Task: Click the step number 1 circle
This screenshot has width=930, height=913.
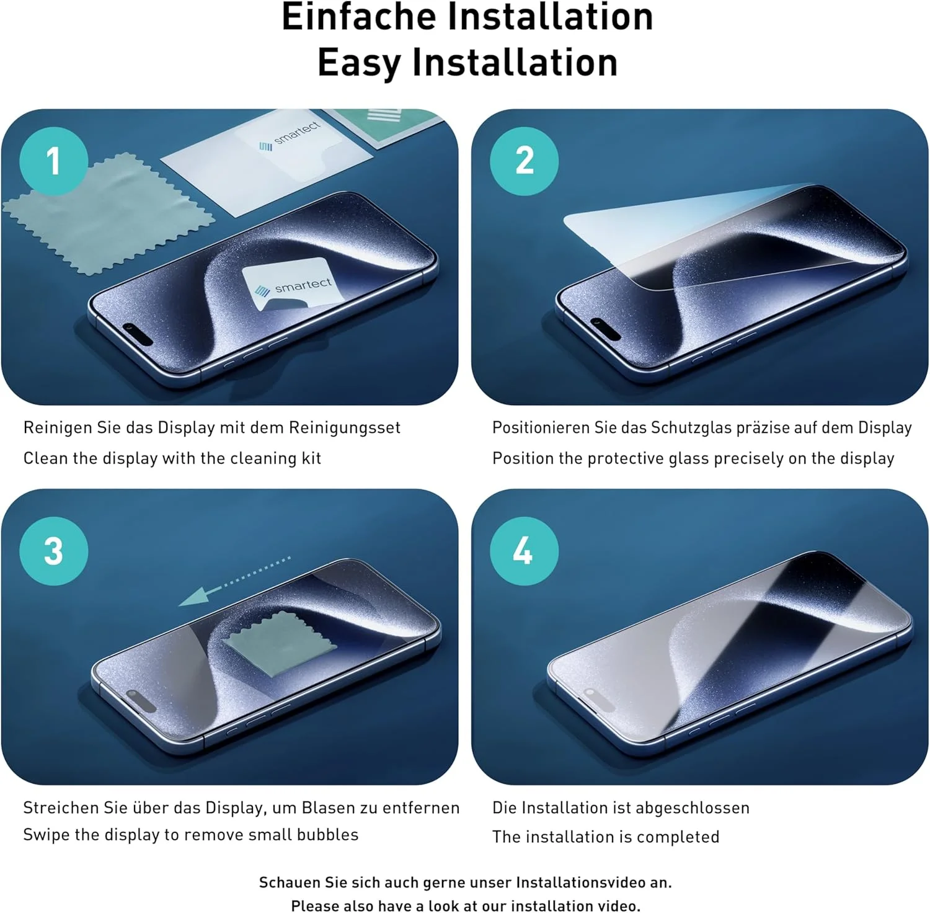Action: click(x=53, y=161)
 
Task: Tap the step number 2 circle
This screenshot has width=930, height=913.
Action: click(x=525, y=161)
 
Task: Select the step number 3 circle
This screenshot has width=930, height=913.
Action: click(x=53, y=551)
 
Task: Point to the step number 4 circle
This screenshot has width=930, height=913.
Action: click(x=525, y=551)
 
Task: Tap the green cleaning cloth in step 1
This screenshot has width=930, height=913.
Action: click(x=108, y=214)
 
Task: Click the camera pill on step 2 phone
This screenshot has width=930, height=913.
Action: click(x=605, y=329)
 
